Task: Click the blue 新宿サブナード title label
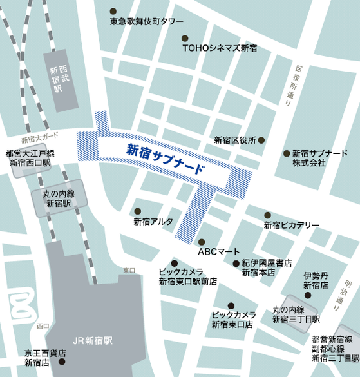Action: click(166, 160)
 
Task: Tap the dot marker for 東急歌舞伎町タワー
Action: click(113, 12)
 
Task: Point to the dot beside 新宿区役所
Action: click(261, 140)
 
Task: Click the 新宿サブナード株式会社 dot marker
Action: click(287, 153)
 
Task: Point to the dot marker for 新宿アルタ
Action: click(137, 211)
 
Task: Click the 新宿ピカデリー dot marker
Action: click(267, 215)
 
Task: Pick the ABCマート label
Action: click(218, 251)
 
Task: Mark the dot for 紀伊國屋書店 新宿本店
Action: click(236, 263)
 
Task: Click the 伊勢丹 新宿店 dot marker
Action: click(308, 295)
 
